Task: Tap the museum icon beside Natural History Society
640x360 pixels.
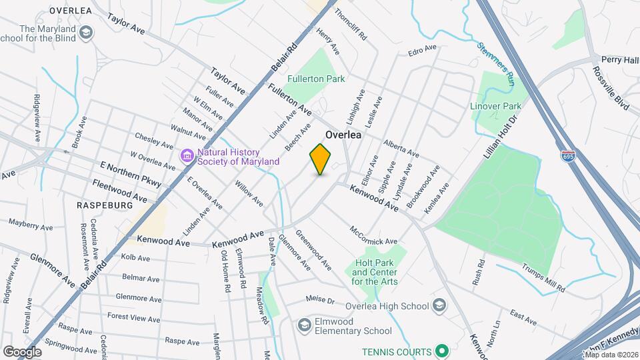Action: (x=187, y=157)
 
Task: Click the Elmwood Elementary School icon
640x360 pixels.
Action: (x=305, y=325)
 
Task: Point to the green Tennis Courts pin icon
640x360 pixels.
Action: (x=441, y=350)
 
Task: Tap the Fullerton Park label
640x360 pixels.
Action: (x=316, y=79)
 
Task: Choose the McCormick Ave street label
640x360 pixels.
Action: (x=374, y=235)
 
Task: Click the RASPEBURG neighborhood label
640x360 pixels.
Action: (x=105, y=205)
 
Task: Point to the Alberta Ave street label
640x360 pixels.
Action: (x=401, y=147)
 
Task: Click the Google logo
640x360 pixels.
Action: (x=22, y=351)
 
